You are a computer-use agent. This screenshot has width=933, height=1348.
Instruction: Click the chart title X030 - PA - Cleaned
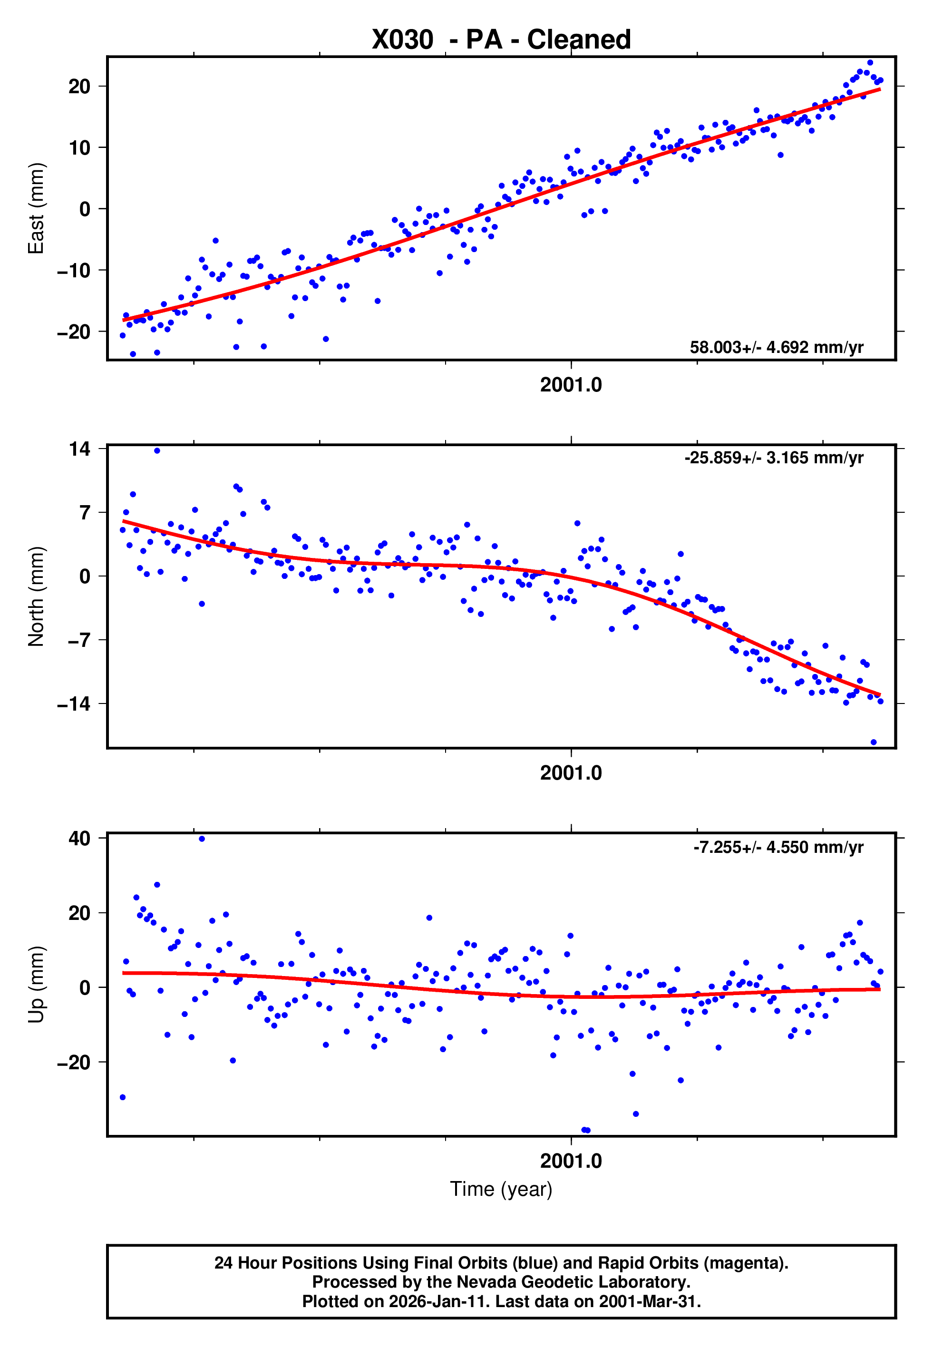501,40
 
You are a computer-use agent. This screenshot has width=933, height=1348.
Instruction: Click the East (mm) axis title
36,209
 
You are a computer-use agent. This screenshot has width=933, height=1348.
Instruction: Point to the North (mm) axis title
36,596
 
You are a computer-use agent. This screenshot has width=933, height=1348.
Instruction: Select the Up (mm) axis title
36,985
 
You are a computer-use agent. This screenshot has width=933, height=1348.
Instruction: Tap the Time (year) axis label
501,1190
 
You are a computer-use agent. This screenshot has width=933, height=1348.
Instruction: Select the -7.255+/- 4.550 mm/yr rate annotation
778,847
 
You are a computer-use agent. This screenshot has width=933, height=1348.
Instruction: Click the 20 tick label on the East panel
79,87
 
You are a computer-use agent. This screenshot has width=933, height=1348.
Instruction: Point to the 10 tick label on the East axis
79,148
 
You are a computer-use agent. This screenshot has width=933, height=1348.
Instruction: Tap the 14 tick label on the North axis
79,449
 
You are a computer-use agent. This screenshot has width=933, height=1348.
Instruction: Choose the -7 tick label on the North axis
74,640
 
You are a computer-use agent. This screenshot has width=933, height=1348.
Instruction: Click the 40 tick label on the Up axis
79,838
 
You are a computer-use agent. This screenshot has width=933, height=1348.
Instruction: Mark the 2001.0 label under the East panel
571,385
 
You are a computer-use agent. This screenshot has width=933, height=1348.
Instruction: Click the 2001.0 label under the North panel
571,773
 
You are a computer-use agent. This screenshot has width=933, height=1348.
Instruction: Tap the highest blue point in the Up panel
202,839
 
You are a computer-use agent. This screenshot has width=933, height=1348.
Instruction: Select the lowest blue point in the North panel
874,742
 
